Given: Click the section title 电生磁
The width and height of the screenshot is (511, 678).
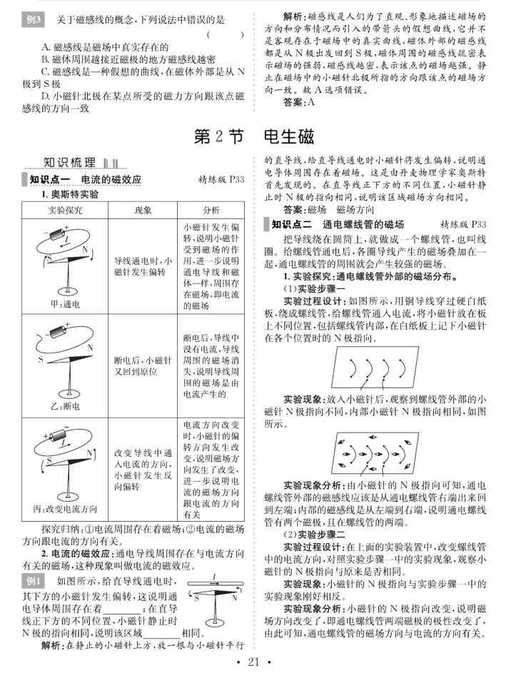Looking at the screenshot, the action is [x=289, y=136].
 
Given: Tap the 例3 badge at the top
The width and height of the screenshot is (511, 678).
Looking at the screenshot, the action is [x=33, y=20].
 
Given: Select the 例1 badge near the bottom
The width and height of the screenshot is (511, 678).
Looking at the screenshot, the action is [x=33, y=581].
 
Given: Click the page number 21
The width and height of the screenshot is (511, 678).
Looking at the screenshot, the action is [x=253, y=662].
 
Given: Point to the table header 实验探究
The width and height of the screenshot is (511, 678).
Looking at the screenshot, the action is [x=65, y=210].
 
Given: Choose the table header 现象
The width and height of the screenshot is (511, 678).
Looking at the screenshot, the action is [x=143, y=210].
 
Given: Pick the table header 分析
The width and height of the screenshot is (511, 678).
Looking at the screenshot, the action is [x=211, y=210].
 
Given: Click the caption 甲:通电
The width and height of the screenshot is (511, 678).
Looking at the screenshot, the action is [x=65, y=305].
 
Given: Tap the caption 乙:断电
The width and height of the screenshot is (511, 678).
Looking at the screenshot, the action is [x=65, y=407].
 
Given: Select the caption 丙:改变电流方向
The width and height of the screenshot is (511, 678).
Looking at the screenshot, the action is [x=65, y=509].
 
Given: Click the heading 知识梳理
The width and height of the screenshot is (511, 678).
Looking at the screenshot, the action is [x=69, y=163].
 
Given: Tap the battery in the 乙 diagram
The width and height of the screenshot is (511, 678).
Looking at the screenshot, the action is [x=58, y=331].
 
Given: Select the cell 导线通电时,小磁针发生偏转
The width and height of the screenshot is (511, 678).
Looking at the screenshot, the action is [x=143, y=266].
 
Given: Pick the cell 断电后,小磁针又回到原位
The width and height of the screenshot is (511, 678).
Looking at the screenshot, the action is [x=143, y=366].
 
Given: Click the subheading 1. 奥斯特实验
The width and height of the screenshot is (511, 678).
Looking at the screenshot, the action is [x=70, y=194].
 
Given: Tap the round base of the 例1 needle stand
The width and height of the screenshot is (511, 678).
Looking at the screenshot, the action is [x=214, y=622].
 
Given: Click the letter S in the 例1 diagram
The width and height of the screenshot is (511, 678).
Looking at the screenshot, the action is [x=197, y=599].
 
